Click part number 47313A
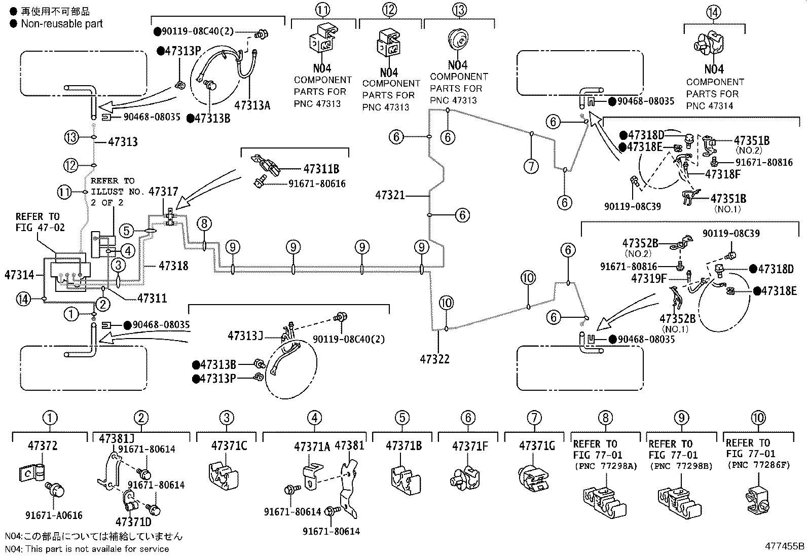point(252,105)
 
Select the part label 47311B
point(321,169)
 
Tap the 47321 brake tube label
point(390,195)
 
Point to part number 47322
point(434,359)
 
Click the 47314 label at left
point(19,275)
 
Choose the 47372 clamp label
point(43,446)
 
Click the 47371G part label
point(537,446)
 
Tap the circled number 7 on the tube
point(531,166)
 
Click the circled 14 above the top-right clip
point(713,12)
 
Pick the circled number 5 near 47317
point(127,232)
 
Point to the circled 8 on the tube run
point(204,223)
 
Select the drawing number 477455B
point(785,547)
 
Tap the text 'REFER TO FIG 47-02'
point(40,222)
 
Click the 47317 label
point(164,192)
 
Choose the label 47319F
point(649,278)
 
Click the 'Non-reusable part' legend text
point(62,24)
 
